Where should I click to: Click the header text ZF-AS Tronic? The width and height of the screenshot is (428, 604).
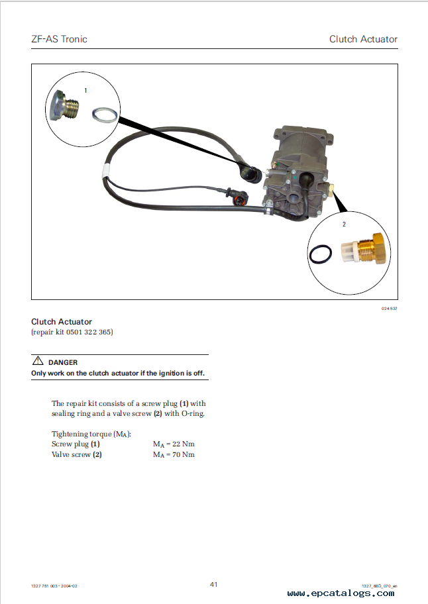[x=60, y=39]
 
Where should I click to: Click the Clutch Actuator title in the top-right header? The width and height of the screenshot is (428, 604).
[x=363, y=39]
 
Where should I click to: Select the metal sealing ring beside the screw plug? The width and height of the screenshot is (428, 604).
[x=105, y=115]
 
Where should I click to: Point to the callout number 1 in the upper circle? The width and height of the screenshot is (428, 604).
[x=85, y=90]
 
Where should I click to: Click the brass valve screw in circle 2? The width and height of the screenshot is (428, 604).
[x=363, y=249]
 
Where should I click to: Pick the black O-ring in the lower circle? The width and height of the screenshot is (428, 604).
[x=321, y=254]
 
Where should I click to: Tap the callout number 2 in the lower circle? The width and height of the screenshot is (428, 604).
[x=344, y=225]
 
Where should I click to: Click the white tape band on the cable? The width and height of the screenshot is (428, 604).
[x=105, y=171]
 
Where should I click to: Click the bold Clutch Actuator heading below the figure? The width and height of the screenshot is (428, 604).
[x=62, y=322]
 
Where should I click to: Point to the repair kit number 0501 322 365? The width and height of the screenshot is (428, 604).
[x=89, y=332]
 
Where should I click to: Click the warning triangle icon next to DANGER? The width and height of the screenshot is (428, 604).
[x=38, y=360]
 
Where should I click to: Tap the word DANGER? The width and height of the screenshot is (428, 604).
[x=63, y=362]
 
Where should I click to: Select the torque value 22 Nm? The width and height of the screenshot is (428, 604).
[x=184, y=444]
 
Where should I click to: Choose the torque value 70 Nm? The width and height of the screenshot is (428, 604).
[x=184, y=454]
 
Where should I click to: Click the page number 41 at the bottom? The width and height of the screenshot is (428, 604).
[x=214, y=584]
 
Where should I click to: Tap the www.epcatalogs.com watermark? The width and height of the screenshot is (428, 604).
[x=341, y=593]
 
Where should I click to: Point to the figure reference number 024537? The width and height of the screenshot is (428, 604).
[x=389, y=309]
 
